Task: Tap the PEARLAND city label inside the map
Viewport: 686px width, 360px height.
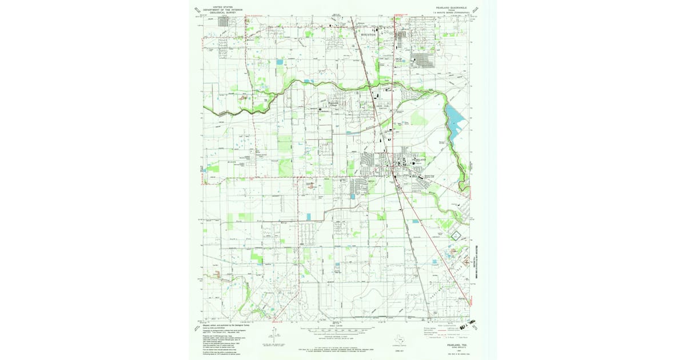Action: point(418,159)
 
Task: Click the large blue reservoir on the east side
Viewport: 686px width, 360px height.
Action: point(455,122)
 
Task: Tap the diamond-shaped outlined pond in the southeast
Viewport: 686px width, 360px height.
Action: point(456,234)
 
